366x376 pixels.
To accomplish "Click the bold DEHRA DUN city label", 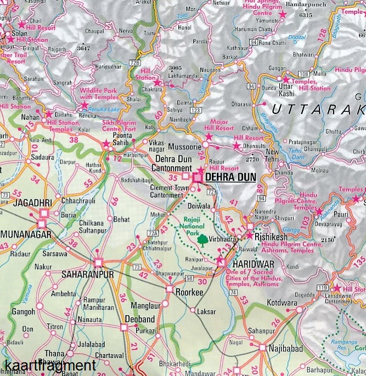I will click(x=230, y=178).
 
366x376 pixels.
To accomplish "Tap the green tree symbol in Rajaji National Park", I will click(x=202, y=240).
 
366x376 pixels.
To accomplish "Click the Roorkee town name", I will click(x=189, y=293).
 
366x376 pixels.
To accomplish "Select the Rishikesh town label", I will click(x=271, y=236).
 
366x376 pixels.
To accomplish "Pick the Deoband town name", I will click(x=140, y=319).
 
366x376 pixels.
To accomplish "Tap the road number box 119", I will click(x=322, y=288).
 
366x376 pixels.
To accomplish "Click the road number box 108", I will click(x=303, y=73).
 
